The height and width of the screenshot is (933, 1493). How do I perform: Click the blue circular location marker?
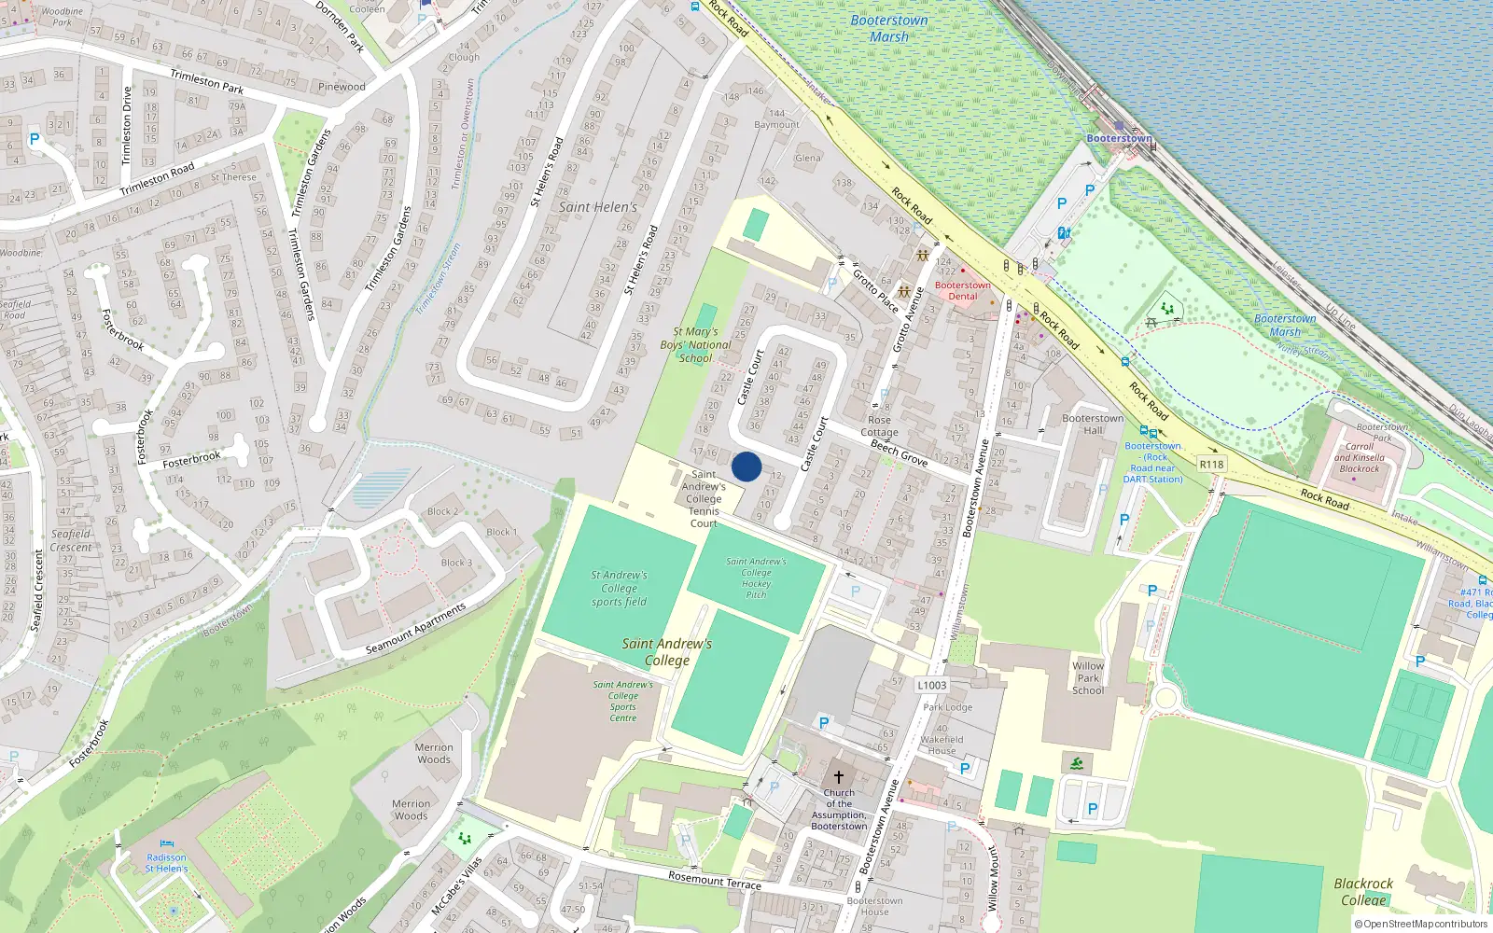click(x=746, y=466)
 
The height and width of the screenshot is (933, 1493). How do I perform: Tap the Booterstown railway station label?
click(x=1119, y=138)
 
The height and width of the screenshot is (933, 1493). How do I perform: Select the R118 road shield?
click(x=1211, y=464)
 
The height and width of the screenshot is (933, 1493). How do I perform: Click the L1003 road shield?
click(x=931, y=685)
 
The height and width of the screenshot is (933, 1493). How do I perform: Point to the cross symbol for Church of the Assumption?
click(x=838, y=776)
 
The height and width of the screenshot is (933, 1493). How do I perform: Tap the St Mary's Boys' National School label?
click(x=695, y=344)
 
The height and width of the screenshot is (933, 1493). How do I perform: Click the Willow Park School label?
click(x=1088, y=678)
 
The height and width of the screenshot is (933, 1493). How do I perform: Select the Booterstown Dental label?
click(x=962, y=290)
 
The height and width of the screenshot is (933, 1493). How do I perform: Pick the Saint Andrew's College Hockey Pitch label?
click(x=756, y=578)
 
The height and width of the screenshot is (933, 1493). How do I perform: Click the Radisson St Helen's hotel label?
click(x=166, y=863)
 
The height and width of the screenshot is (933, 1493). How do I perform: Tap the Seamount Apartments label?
click(x=415, y=629)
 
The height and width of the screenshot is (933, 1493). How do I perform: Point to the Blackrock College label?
click(x=1363, y=891)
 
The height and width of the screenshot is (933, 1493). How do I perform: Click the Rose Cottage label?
click(x=879, y=425)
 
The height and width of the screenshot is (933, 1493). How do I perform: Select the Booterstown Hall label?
click(x=1093, y=424)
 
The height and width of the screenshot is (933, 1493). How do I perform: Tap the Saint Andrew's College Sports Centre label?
click(x=622, y=701)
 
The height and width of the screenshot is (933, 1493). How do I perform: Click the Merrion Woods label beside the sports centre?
click(x=434, y=753)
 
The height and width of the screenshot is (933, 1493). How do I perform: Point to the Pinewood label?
click(x=342, y=87)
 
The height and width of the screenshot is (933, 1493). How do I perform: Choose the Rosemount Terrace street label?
click(x=715, y=879)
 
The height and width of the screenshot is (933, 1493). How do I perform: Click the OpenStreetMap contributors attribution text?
click(x=1421, y=924)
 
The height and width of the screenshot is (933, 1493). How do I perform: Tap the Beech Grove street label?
click(x=899, y=453)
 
